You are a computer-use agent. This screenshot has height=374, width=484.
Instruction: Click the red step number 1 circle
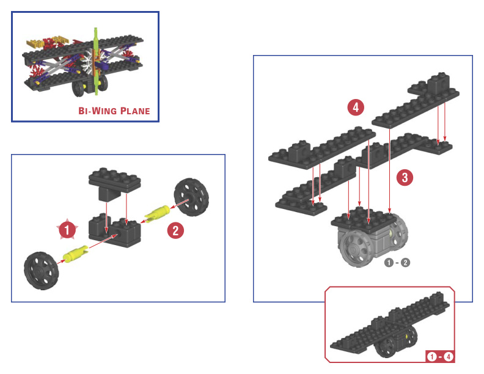tap(67, 229)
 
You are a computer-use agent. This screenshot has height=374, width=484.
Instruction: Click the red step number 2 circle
tap(175, 230)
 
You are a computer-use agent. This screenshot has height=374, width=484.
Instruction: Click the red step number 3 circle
tap(405, 177)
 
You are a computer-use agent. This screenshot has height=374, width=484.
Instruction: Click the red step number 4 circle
tap(356, 108)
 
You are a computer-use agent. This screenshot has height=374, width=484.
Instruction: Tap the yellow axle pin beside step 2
tap(157, 213)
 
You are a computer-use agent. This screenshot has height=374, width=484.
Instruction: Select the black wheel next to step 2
tap(191, 197)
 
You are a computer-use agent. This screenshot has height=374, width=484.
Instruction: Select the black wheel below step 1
tap(41, 271)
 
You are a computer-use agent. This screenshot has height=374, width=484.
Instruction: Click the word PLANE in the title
tap(135, 111)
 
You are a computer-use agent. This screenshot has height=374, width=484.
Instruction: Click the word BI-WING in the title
tap(97, 111)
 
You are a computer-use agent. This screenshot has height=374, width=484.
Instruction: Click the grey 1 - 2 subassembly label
tap(397, 263)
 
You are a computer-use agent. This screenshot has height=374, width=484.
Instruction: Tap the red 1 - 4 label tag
tap(439, 357)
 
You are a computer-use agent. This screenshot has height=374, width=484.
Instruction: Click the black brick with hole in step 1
tap(114, 230)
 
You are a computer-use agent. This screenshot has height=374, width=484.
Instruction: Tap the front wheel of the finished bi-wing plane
tap(78, 88)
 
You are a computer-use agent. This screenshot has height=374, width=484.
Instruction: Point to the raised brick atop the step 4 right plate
tap(438, 82)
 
